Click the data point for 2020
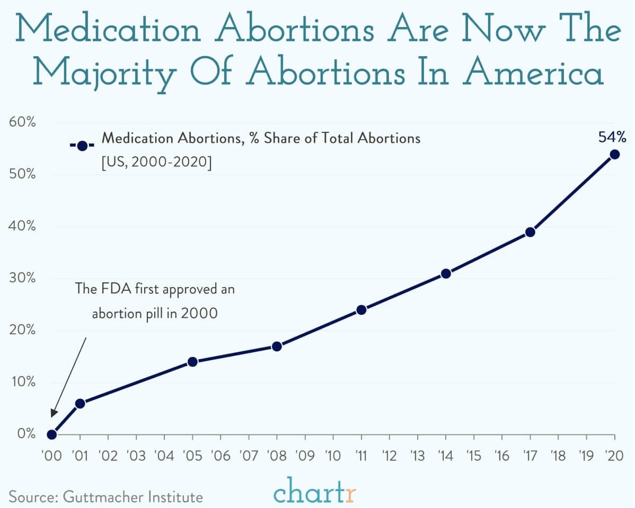click(x=614, y=154)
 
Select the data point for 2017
click(x=530, y=232)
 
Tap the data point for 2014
click(x=446, y=273)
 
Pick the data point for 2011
click(x=361, y=309)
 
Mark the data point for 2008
click(x=277, y=346)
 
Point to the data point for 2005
click(x=192, y=362)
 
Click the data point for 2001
click(x=80, y=404)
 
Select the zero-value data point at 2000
click(x=51, y=434)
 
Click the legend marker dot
click(x=82, y=146)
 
